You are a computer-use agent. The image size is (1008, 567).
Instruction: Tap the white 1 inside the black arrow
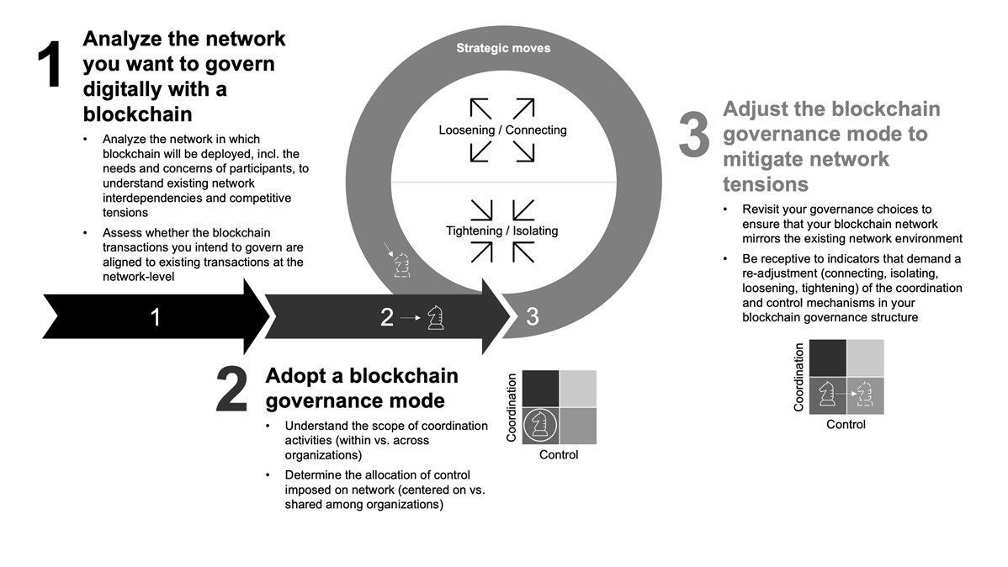click(x=155, y=317)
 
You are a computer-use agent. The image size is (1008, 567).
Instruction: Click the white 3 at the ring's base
click(x=533, y=317)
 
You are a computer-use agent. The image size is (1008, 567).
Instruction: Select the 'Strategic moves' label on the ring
click(x=503, y=48)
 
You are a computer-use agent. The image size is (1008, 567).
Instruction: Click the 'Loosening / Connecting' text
click(x=502, y=130)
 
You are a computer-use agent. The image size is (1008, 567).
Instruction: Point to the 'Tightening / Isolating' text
click(x=502, y=231)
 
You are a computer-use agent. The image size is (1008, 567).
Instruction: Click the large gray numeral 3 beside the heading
click(x=694, y=137)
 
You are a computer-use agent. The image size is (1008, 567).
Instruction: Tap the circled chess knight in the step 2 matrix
click(x=540, y=425)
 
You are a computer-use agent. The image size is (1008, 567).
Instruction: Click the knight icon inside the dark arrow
click(x=436, y=318)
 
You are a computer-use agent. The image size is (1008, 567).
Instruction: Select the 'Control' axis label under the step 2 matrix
click(x=559, y=455)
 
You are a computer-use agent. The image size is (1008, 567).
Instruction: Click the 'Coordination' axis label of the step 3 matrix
click(x=799, y=376)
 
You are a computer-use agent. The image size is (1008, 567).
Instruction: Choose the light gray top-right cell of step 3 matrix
click(x=865, y=357)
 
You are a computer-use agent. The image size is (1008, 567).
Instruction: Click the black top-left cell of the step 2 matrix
click(x=539, y=388)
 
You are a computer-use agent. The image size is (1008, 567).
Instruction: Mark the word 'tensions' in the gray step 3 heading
click(x=766, y=184)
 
